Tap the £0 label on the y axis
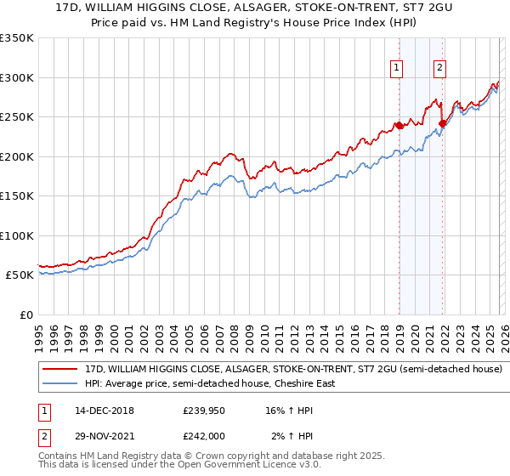point(25,314)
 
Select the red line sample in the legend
point(60,370)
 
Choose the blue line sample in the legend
point(60,383)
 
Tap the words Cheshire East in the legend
point(301,383)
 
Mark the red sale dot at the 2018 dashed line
point(399,126)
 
